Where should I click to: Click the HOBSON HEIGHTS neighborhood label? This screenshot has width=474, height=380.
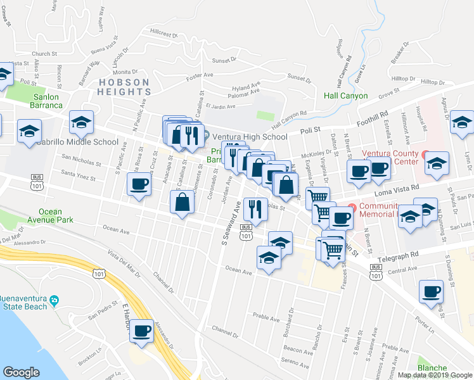[x=124, y=87]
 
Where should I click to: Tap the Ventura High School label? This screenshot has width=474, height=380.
[x=249, y=136]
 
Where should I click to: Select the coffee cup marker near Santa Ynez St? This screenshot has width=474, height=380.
[x=139, y=184]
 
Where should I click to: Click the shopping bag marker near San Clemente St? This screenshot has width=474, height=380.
[x=183, y=202]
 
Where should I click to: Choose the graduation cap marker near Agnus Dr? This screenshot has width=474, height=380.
[x=462, y=122]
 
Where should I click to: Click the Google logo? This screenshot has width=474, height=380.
[x=21, y=372]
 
